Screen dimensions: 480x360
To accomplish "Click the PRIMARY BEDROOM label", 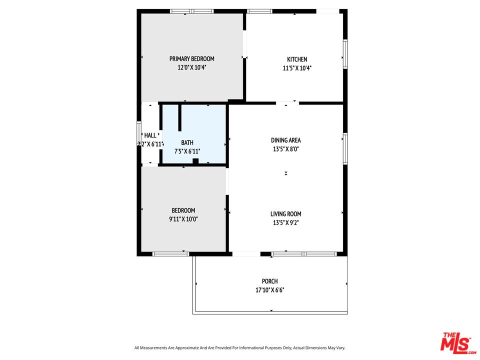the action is (x=191, y=59).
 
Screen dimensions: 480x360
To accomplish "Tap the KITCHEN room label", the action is (x=297, y=59).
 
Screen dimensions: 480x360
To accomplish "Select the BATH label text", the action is (x=187, y=142).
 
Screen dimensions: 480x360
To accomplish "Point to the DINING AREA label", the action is (x=286, y=140).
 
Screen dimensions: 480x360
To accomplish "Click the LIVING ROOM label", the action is (x=286, y=214).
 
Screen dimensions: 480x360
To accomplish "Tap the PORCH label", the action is (x=269, y=281).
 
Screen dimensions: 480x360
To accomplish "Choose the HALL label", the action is (x=150, y=135).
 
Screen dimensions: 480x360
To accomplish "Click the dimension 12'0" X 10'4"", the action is (x=191, y=67).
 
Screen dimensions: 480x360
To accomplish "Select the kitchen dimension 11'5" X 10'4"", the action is (x=297, y=68).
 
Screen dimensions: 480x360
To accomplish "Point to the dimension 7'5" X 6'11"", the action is (x=187, y=151).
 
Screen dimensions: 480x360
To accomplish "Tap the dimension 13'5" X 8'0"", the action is (x=286, y=149).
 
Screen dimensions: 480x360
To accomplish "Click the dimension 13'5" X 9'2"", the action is (x=286, y=222).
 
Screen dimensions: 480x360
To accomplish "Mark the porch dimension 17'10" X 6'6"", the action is (x=269, y=289).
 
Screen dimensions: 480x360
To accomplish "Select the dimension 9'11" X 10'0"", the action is (x=183, y=219).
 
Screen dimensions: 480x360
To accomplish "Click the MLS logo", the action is (x=458, y=343).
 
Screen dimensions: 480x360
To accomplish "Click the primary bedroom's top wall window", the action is (x=192, y=11).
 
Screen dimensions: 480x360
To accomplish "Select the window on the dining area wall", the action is (x=345, y=149).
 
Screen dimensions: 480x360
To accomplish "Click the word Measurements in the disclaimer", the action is (x=155, y=348).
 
